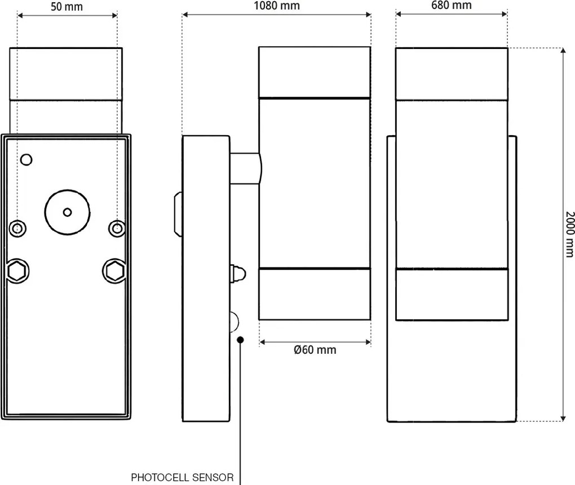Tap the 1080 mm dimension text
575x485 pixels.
tap(276, 6)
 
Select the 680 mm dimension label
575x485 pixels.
tap(451, 6)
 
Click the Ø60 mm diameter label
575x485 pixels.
tap(315, 350)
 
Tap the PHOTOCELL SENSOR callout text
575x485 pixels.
tap(182, 478)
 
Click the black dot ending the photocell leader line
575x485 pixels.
tap(241, 339)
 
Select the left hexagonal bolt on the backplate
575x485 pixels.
tap(17, 271)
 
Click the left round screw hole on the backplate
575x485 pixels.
tap(17, 228)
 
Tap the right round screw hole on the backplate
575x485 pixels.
tap(117, 228)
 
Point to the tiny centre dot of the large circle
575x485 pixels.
tap(68, 212)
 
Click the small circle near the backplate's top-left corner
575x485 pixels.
tap(25, 160)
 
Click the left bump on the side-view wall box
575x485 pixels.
tap(178, 215)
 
